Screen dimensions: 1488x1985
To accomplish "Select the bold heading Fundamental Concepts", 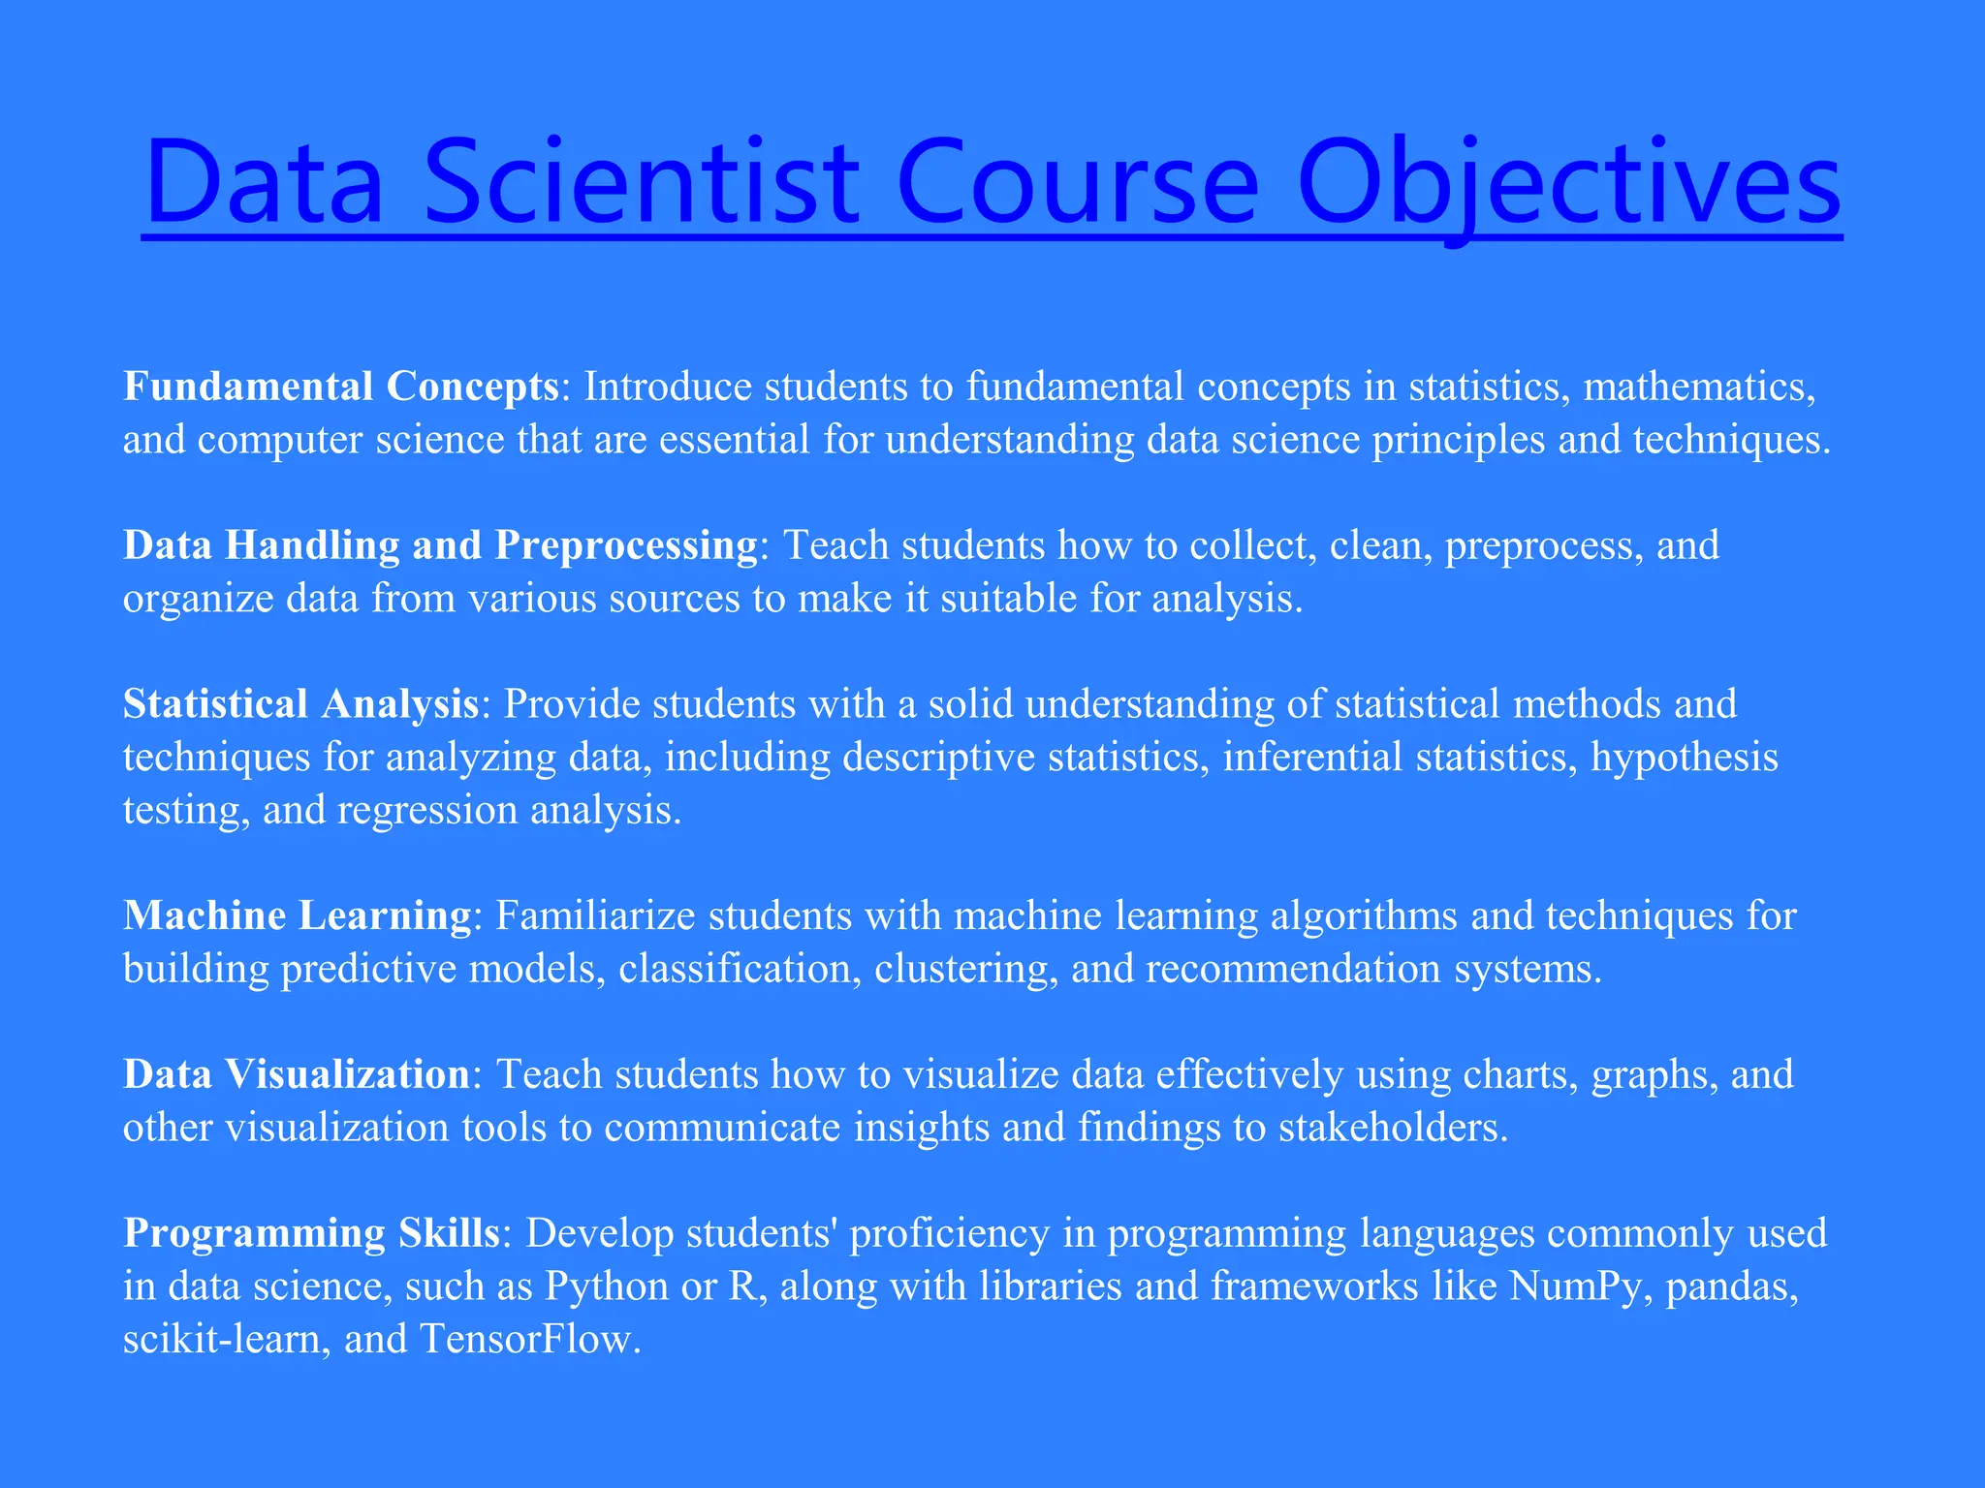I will coord(340,387).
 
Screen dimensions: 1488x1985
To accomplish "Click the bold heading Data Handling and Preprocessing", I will coord(440,545).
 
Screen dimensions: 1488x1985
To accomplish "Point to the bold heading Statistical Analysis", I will coord(300,704).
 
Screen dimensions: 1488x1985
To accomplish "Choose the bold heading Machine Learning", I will coord(297,915).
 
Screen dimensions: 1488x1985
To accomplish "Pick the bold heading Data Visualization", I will coord(297,1074).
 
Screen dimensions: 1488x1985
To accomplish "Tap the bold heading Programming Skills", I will coord(311,1233).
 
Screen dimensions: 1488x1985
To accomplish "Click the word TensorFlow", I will coord(529,1339).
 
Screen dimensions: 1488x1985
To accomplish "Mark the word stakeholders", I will coord(1393,1128).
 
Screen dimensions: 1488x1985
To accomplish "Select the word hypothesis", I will coord(1685,758).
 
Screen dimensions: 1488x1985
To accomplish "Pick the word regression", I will coord(427,810).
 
